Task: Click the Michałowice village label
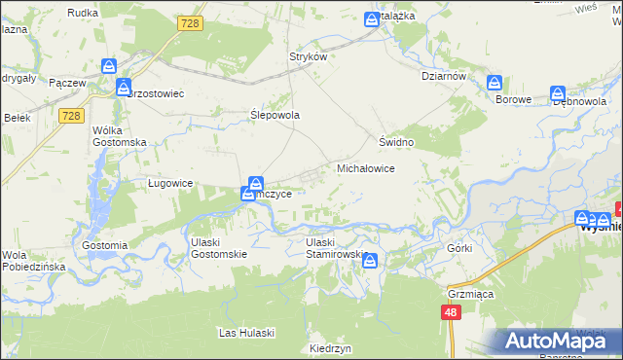(365, 168)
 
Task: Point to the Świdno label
(397, 142)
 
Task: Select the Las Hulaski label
(246, 333)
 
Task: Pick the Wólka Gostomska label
(119, 135)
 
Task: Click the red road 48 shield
(450, 312)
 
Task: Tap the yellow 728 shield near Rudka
(191, 22)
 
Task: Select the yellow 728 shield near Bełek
(69, 116)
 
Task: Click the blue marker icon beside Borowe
(495, 84)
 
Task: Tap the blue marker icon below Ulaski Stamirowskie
(370, 259)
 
